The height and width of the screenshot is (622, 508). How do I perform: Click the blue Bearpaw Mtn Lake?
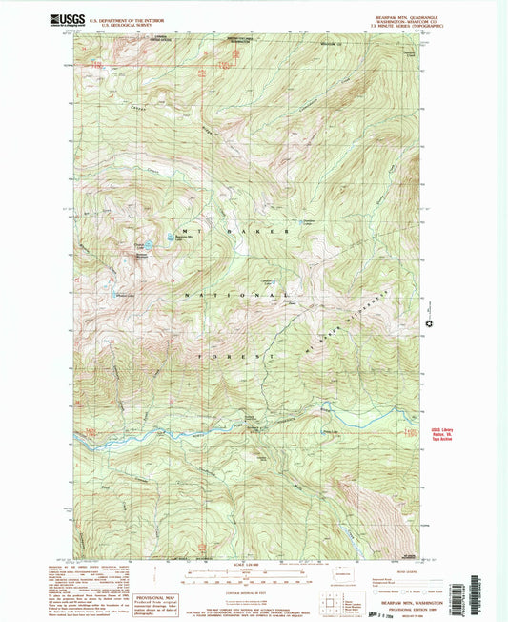(x=171, y=237)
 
